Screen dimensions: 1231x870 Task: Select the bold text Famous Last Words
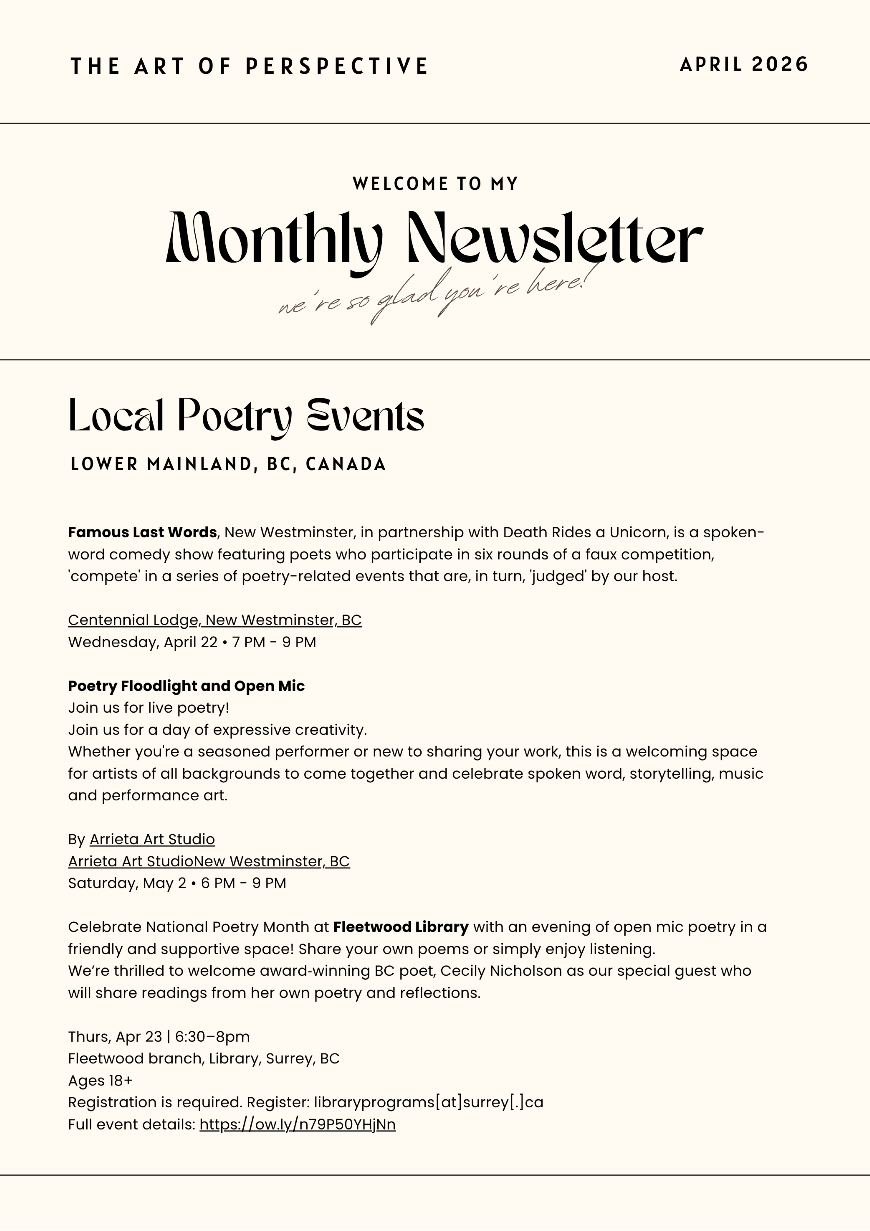142,532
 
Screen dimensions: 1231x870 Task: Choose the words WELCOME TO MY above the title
435,184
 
